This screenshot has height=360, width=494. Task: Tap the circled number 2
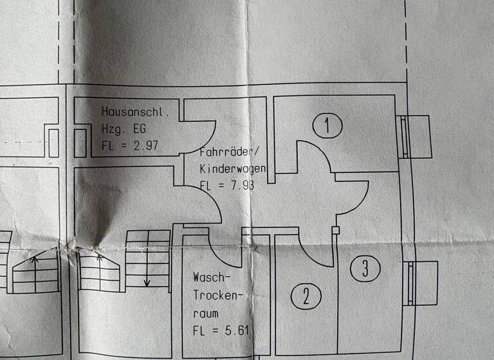click(x=306, y=297)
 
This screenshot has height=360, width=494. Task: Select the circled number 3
click(x=365, y=268)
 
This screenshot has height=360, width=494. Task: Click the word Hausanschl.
click(x=135, y=113)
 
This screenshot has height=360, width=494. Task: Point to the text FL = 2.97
click(x=130, y=145)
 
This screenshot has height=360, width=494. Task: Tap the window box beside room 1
click(x=417, y=136)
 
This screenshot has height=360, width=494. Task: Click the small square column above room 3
click(x=335, y=230)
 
